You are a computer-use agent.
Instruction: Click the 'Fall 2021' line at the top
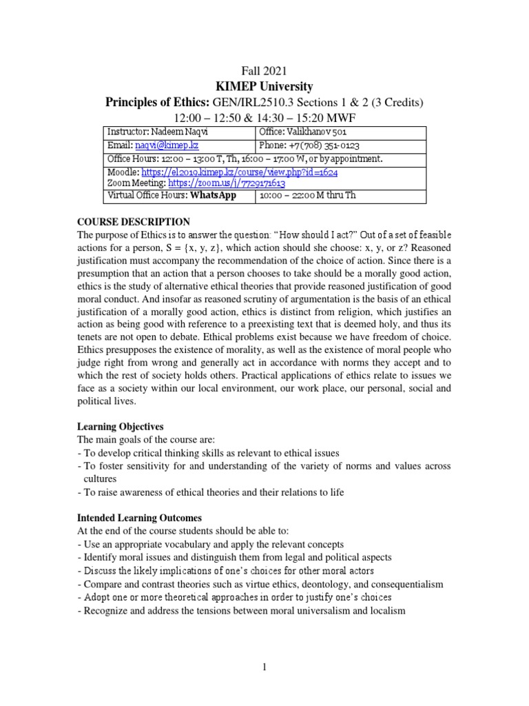[264, 70]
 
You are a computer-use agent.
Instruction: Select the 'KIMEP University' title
[264, 86]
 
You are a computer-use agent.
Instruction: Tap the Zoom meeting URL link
[227, 184]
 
